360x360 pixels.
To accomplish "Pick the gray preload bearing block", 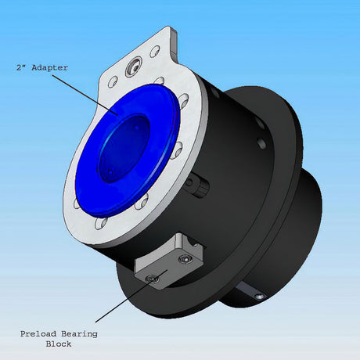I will coord(168,262).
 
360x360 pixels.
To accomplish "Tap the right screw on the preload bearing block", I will coord(185,259).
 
